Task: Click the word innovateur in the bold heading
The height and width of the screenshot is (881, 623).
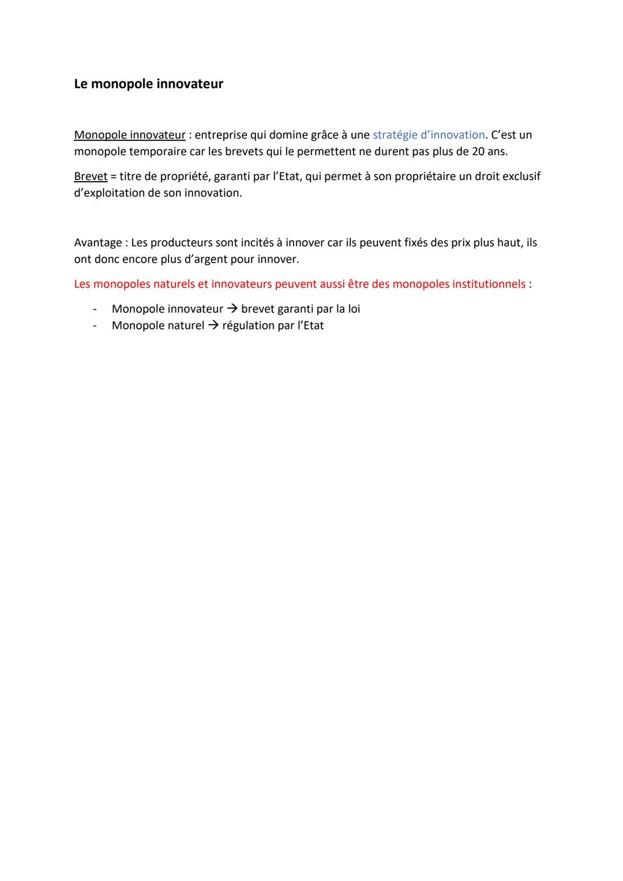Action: coord(190,84)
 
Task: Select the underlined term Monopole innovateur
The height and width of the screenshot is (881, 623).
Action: coord(130,135)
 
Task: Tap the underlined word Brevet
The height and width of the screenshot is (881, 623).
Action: coord(91,177)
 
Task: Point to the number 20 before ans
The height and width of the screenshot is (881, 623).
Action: coord(478,152)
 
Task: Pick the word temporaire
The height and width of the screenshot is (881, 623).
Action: coord(157,152)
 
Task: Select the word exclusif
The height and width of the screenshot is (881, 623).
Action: coord(521,177)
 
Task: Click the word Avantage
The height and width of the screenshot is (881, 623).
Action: coord(97,243)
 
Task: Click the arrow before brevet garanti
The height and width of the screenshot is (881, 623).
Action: coord(232,309)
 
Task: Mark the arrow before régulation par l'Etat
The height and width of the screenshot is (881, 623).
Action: coord(213,326)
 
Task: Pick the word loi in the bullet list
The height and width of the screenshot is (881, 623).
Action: coord(354,309)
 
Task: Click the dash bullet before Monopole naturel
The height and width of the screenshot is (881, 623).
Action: coord(94,326)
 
